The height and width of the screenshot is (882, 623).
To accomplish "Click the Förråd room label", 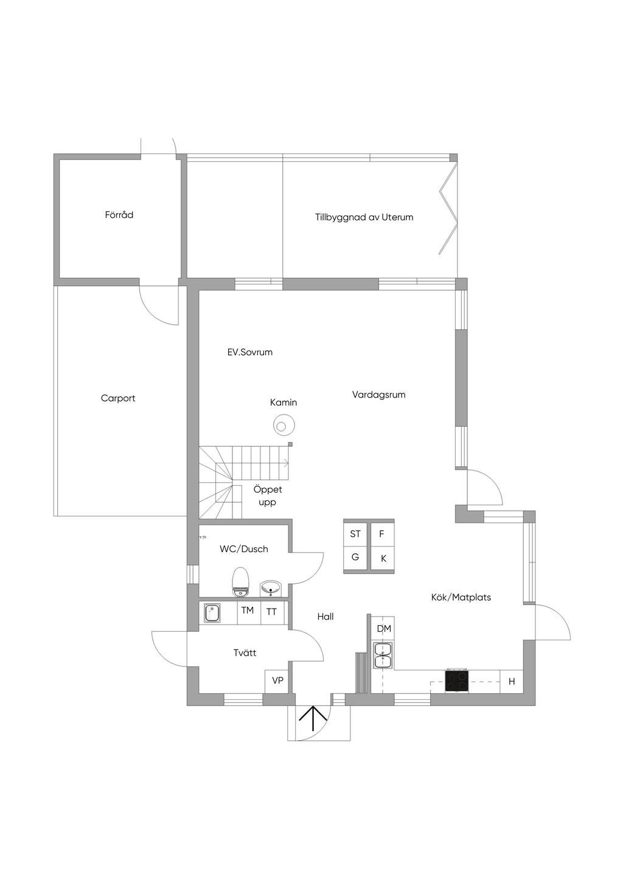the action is coord(119,215).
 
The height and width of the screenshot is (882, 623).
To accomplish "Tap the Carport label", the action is coord(118,398).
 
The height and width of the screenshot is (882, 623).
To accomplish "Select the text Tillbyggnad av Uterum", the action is coord(364,217).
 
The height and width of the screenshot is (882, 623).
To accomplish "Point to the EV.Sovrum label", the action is coord(249,352).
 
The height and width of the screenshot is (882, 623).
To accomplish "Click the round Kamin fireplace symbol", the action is coord(284,424).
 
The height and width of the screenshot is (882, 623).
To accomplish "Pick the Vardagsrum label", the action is coord(378,394).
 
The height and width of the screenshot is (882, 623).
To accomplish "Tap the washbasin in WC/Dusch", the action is coord(271,587).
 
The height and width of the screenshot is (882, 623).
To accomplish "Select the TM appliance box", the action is coord(248,611).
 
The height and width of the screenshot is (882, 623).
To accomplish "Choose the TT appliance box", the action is coord(272,612).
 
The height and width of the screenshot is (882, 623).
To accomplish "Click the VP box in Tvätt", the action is coord(277,681).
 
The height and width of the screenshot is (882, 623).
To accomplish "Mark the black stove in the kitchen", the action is coord(457,681).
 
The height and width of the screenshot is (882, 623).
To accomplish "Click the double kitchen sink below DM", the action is coord(383,655).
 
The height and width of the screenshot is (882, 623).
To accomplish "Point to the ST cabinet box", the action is coord(355,534).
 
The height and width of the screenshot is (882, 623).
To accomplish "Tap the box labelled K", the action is coord(383,558).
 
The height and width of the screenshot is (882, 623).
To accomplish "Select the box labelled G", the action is coord(355,557).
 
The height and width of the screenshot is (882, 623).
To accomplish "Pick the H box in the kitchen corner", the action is coord(512,681).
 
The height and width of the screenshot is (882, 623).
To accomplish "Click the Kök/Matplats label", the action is coord(461,597).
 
